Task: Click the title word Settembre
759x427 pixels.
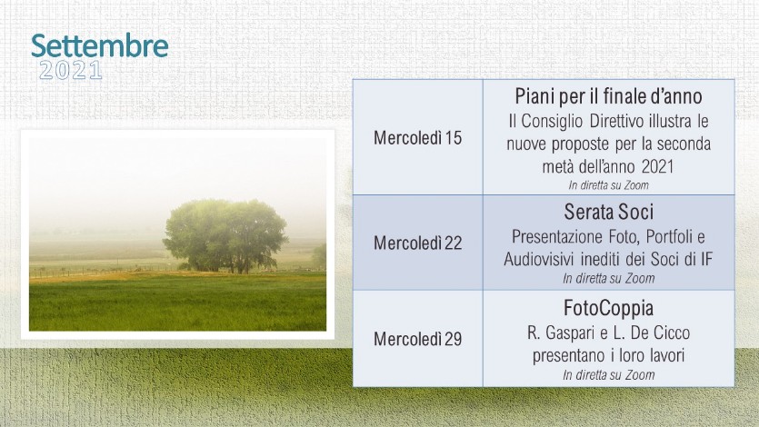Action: (100, 46)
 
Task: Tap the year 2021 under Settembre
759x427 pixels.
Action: (71, 71)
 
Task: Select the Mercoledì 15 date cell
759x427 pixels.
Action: (418, 138)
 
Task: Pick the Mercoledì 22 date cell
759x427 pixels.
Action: (418, 243)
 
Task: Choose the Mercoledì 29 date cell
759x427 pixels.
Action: (418, 339)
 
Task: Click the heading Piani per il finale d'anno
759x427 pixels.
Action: (608, 96)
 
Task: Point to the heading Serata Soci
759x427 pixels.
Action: (608, 212)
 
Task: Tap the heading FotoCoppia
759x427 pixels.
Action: (608, 308)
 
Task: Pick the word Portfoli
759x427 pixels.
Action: (668, 237)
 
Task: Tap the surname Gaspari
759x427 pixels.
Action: (570, 333)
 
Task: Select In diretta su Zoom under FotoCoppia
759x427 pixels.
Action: (608, 375)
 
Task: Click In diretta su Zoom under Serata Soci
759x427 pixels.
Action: (608, 279)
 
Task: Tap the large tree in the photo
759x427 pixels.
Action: (225, 235)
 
